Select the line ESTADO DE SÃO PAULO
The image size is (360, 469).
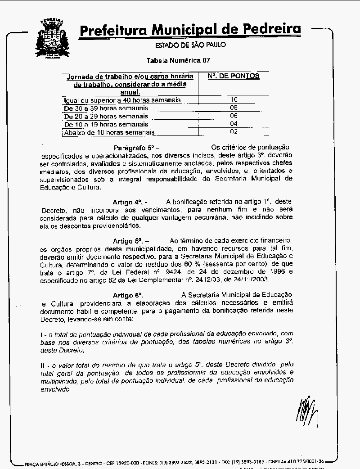[190, 45]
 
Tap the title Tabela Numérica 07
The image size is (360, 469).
[178, 60]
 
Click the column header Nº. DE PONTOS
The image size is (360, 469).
[234, 76]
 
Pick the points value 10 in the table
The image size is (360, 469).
[234, 99]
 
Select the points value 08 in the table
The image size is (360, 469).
[234, 108]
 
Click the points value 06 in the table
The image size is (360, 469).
[234, 116]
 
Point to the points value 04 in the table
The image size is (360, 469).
[234, 124]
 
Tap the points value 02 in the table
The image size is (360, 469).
[234, 132]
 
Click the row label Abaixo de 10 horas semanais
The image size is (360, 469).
[109, 133]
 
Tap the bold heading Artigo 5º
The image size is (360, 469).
[128, 241]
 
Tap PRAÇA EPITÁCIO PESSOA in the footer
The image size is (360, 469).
[53, 463]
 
